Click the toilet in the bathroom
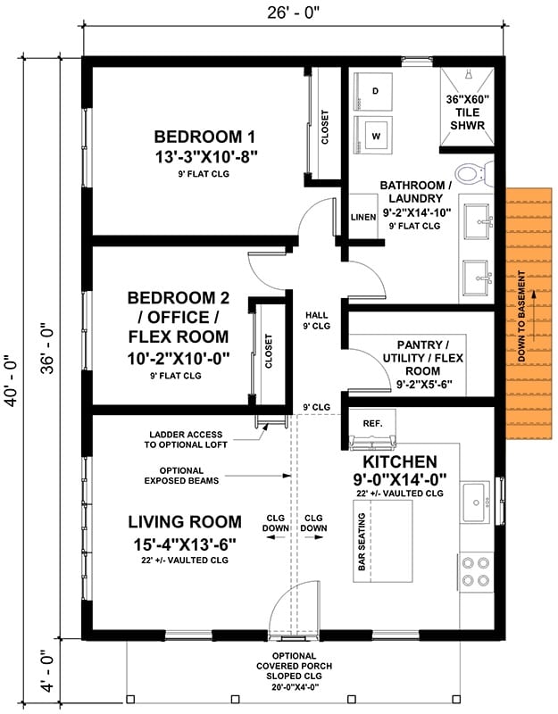point(474,173)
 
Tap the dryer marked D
point(372,92)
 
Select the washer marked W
point(372,135)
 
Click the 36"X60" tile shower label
point(467,112)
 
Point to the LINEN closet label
point(363,217)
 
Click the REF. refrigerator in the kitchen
point(372,429)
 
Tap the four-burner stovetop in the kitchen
point(476,571)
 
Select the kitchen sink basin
point(475,502)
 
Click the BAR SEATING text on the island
point(362,542)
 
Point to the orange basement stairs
point(529,314)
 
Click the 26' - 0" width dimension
point(294,12)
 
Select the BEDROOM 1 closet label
point(325,127)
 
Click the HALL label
point(317,315)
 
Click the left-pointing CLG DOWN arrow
point(276,537)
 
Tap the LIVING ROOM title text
point(185,522)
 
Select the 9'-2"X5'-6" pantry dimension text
point(424,385)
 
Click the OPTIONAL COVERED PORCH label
point(295,661)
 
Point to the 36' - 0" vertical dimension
point(48,348)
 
